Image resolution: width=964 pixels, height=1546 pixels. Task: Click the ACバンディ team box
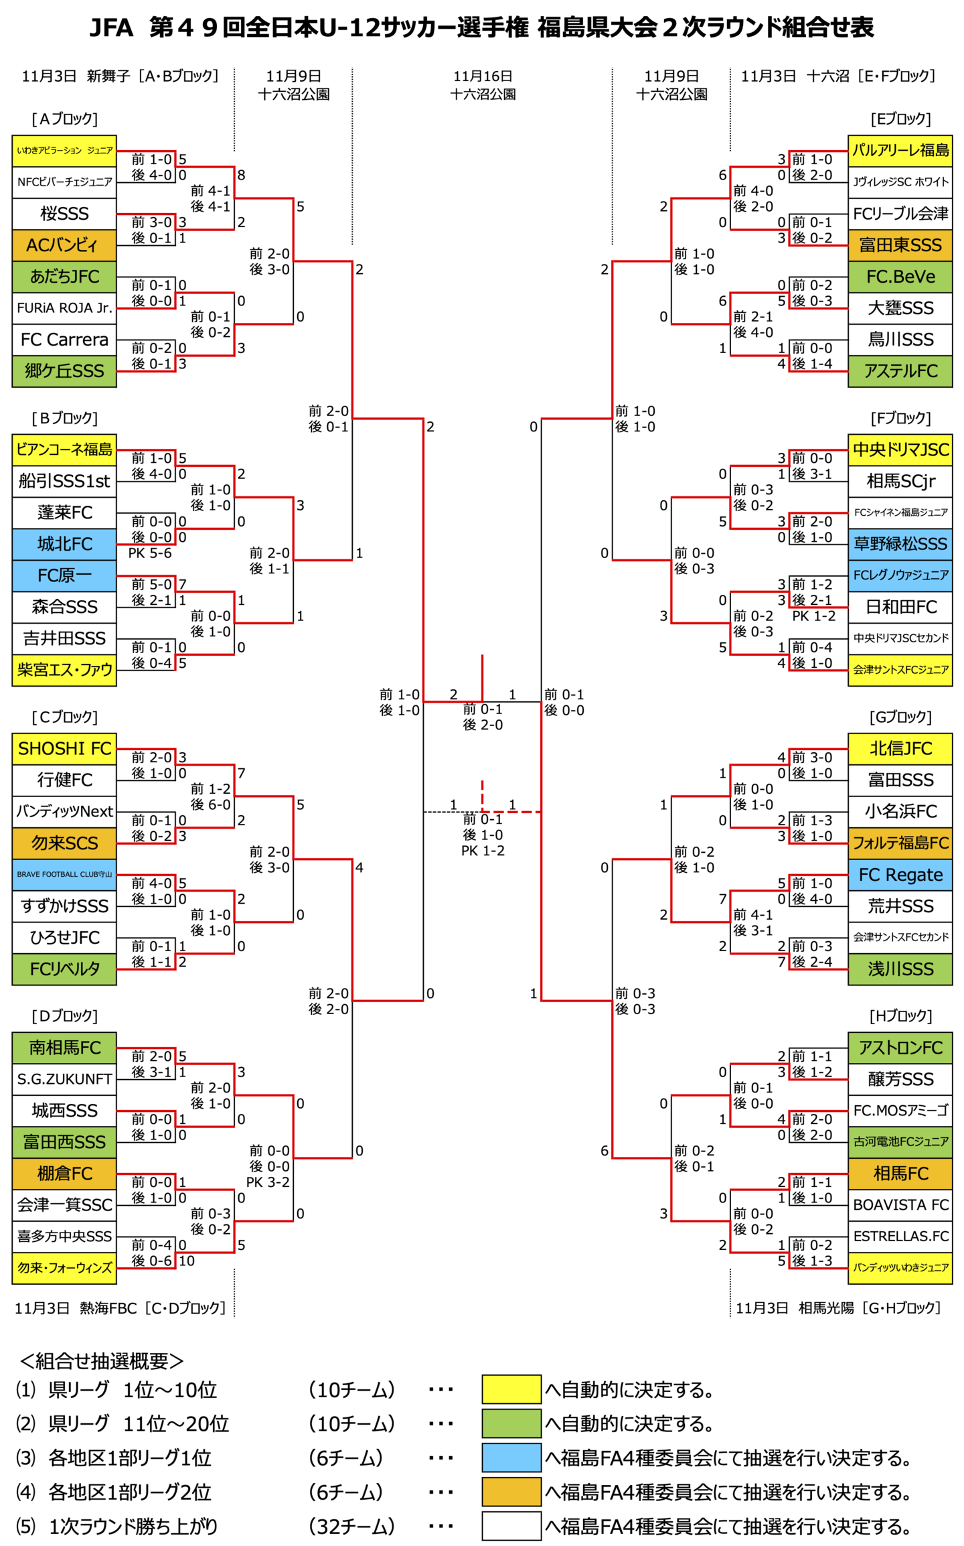pos(64,245)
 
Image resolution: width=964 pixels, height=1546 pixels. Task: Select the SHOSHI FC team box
pos(64,748)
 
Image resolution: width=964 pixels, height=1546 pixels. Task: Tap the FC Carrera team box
pos(64,340)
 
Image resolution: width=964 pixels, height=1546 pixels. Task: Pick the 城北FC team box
pos(64,544)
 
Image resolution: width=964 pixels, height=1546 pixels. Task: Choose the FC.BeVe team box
pos(900,277)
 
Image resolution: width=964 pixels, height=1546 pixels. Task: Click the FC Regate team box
pos(900,874)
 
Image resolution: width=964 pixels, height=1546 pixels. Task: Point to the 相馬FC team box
pos(900,1173)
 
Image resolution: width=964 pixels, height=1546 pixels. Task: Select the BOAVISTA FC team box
pos(900,1204)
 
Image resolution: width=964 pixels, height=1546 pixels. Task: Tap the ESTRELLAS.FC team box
pos(900,1236)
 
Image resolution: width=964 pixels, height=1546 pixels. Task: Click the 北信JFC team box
pos(900,748)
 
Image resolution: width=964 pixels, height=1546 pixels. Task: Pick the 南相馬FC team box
pos(64,1047)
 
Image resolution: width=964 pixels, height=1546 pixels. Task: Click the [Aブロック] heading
pos(65,119)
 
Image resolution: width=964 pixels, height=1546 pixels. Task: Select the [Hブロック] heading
pos(900,1015)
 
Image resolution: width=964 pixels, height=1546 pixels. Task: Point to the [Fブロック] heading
pos(900,418)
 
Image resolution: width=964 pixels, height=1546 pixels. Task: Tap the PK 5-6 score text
pos(150,553)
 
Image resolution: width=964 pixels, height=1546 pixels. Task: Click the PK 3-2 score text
pos(268,1182)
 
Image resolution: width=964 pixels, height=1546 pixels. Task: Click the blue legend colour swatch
pos(511,1457)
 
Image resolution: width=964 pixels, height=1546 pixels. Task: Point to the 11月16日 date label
pos(483,76)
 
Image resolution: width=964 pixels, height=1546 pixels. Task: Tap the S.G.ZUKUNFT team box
pos(64,1078)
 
